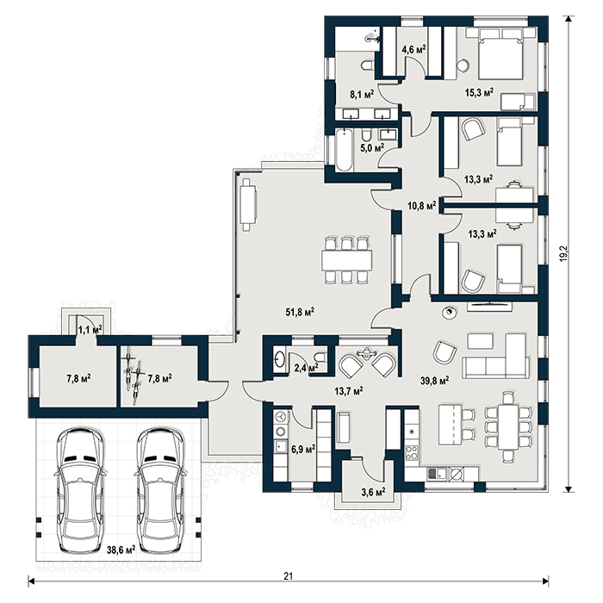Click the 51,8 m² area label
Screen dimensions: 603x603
[300, 312]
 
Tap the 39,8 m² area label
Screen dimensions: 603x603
[434, 381]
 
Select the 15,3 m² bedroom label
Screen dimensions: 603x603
[479, 93]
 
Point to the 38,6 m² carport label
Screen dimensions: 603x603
[121, 550]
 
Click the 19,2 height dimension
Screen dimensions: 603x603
[563, 254]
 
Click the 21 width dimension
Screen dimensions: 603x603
[288, 576]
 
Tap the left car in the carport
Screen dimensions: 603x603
[80, 489]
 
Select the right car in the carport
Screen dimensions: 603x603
[160, 489]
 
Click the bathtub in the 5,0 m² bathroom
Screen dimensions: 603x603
[344, 151]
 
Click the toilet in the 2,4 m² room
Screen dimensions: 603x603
[320, 356]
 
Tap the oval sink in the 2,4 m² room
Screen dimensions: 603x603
[280, 359]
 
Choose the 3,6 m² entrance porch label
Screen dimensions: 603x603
[373, 492]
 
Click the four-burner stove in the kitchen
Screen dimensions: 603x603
[412, 452]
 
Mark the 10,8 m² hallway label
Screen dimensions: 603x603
[421, 206]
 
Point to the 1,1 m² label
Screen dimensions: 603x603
[90, 330]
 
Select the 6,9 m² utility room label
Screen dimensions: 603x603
[303, 449]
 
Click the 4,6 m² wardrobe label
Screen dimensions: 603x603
[413, 50]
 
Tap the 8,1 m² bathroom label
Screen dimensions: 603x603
[362, 95]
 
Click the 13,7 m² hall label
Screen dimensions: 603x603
[349, 391]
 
